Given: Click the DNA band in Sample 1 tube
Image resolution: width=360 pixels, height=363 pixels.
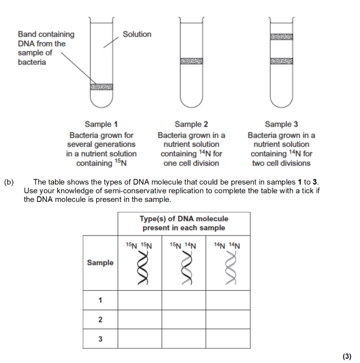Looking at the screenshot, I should click(101, 87).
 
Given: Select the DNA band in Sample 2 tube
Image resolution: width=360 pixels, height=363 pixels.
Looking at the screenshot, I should click(191, 61).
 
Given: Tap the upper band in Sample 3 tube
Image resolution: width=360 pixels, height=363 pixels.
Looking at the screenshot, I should click(281, 37).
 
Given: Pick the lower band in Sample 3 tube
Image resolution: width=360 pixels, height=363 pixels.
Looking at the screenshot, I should click(281, 61).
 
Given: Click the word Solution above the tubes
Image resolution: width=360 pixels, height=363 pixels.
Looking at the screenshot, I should click(137, 34).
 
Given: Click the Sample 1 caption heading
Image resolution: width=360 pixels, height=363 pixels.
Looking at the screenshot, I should click(101, 124).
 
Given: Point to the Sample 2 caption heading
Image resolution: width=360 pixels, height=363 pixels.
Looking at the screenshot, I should click(191, 124).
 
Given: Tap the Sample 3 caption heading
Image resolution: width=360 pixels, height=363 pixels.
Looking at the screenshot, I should click(281, 124).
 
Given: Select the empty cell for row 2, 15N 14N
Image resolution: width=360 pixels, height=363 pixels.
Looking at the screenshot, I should click(183, 319).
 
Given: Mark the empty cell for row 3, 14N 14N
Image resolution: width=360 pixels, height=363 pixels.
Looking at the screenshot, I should click(228, 338).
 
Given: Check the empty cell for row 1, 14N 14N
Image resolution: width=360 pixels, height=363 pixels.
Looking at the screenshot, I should click(228, 300).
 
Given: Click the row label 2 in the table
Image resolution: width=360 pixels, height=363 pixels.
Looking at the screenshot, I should click(100, 319).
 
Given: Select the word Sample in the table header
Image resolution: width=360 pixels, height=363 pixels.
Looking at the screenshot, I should click(100, 263).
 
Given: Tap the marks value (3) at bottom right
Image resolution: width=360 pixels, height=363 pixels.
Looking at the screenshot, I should click(347, 356).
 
